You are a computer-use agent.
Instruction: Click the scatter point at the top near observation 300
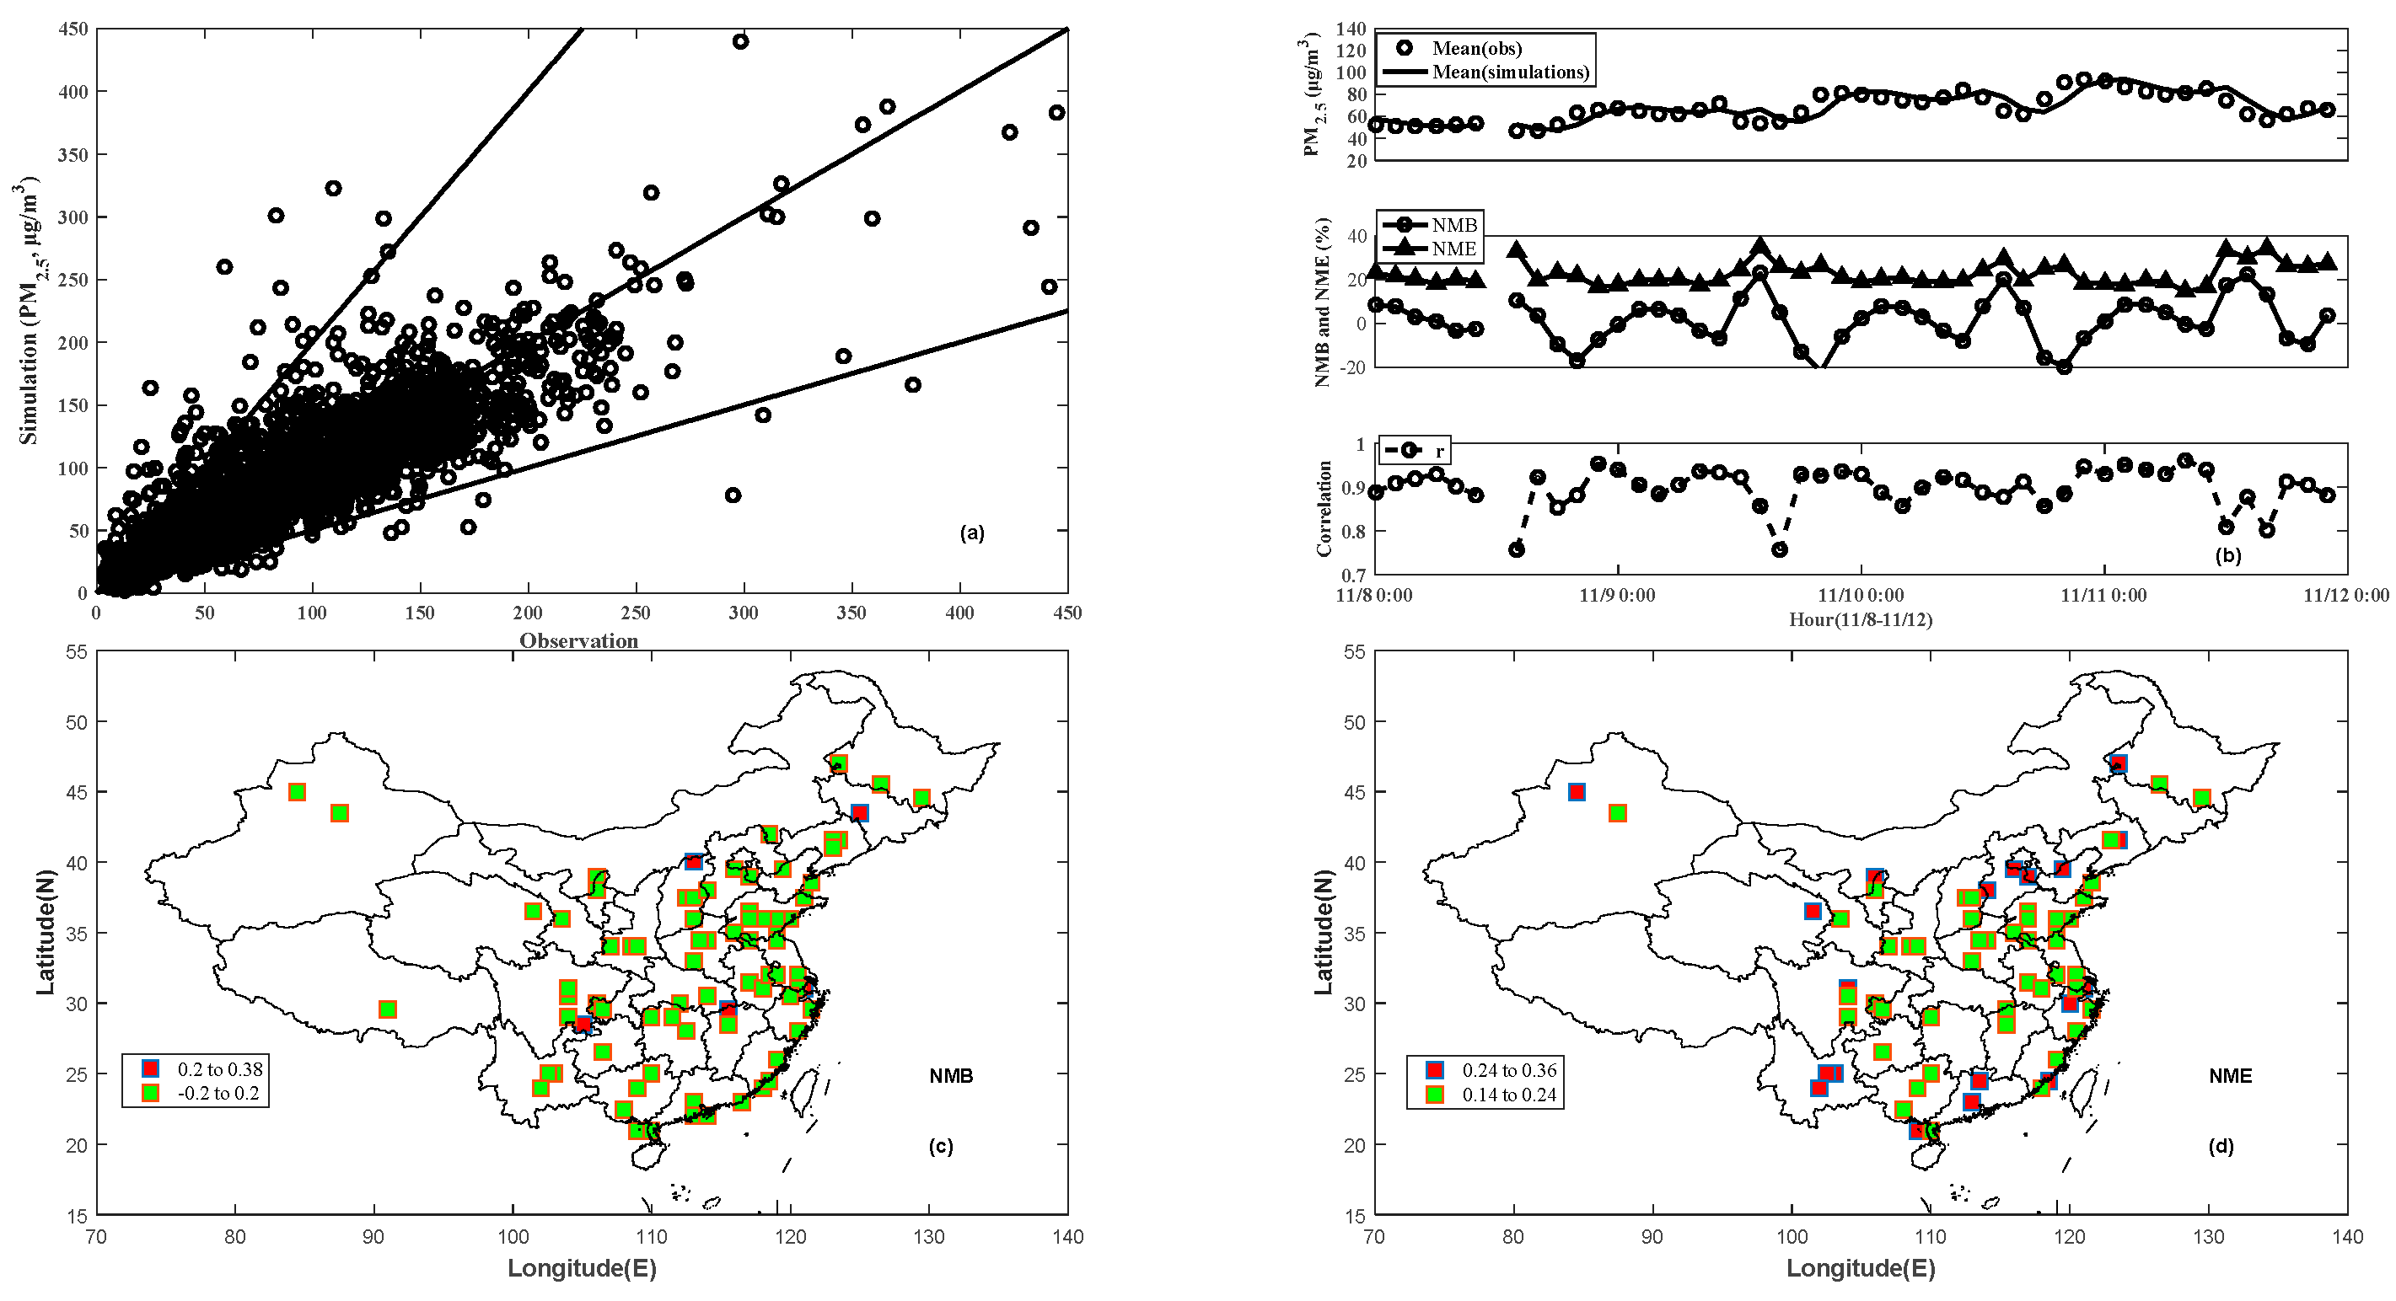pos(740,41)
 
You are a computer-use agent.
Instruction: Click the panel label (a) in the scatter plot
pos(971,533)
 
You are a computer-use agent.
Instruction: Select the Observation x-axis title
pos(578,640)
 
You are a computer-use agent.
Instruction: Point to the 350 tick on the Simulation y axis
pos(73,154)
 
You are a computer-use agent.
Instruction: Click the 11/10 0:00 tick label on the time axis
pos(1861,595)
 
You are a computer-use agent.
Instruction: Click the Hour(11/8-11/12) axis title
pos(1861,619)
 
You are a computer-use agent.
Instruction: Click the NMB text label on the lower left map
pos(951,1076)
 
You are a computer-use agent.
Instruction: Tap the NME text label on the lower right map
pos(2230,1076)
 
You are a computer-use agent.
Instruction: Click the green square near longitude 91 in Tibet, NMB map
pos(388,1009)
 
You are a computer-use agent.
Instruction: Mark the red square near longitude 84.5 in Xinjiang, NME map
pos(1576,792)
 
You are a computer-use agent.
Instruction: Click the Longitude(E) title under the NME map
pos(1861,1268)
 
